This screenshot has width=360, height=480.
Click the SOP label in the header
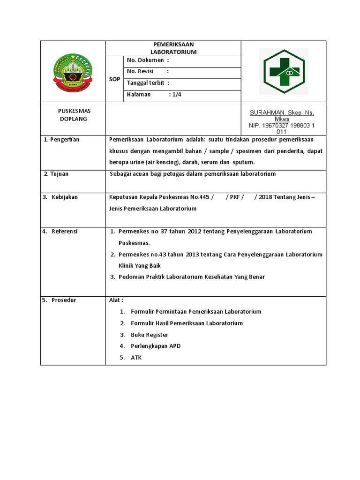114,79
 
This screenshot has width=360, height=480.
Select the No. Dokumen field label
145,60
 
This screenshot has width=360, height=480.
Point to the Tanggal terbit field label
147,83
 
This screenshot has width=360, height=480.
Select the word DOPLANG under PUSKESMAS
74,119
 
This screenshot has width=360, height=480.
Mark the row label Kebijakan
65,197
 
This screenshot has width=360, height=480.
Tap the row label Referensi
65,232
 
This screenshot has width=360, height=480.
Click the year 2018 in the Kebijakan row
266,197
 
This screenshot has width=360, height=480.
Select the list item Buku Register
150,335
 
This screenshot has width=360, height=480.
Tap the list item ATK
136,358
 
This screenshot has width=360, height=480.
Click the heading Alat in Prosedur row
116,300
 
